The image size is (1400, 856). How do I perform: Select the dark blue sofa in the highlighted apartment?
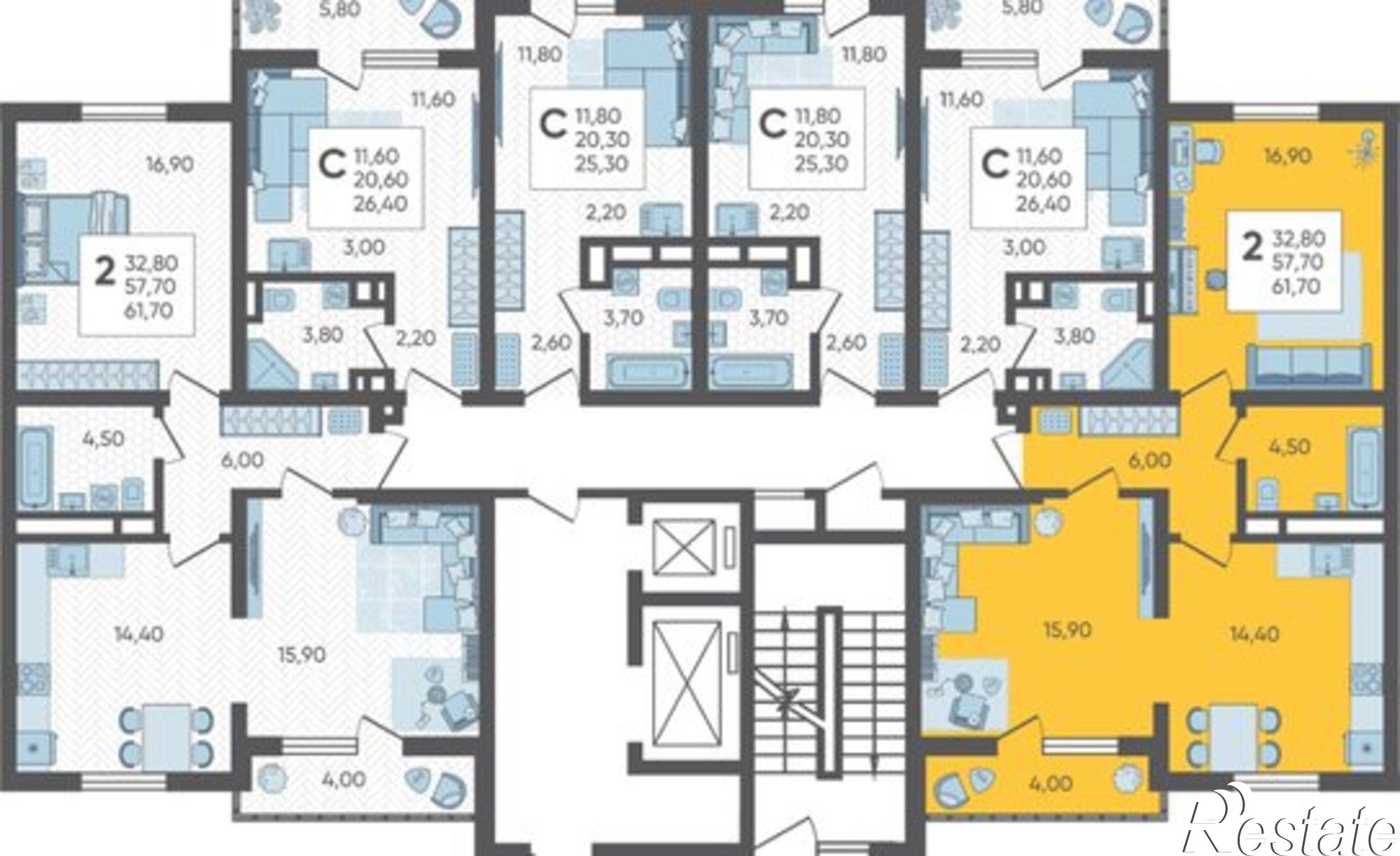click(x=1307, y=365)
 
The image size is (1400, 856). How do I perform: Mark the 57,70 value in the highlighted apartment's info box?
click(x=1297, y=262)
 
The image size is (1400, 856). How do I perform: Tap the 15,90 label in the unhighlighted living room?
click(x=301, y=655)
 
